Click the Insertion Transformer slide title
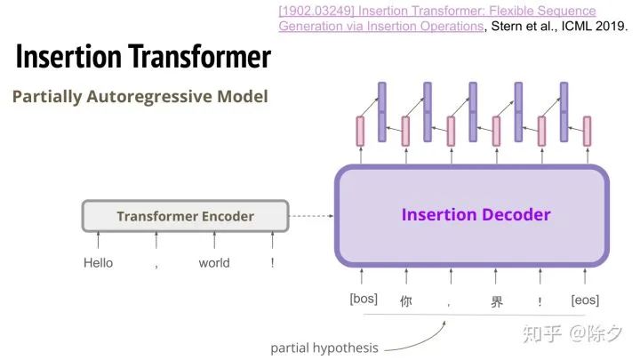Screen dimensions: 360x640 click(x=143, y=57)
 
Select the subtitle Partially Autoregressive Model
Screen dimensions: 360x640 click(x=140, y=96)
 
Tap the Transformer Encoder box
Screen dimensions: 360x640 click(x=185, y=216)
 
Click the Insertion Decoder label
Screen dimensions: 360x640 click(x=476, y=214)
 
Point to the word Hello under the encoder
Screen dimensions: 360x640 click(x=98, y=263)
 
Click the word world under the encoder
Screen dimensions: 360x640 click(x=214, y=263)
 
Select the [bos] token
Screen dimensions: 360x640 click(x=364, y=300)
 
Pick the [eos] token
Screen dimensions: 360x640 click(x=585, y=300)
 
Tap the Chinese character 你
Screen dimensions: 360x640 click(x=406, y=301)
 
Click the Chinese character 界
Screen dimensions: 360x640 click(x=497, y=301)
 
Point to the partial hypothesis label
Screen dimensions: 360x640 click(x=324, y=348)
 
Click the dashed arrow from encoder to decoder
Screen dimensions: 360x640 click(x=311, y=216)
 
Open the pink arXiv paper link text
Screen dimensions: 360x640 click(x=436, y=18)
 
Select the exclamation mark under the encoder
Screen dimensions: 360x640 click(x=273, y=263)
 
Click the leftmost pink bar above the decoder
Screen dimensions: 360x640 click(x=361, y=131)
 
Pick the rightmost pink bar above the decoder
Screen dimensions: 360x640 click(x=586, y=131)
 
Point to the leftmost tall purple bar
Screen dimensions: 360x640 click(x=382, y=111)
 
